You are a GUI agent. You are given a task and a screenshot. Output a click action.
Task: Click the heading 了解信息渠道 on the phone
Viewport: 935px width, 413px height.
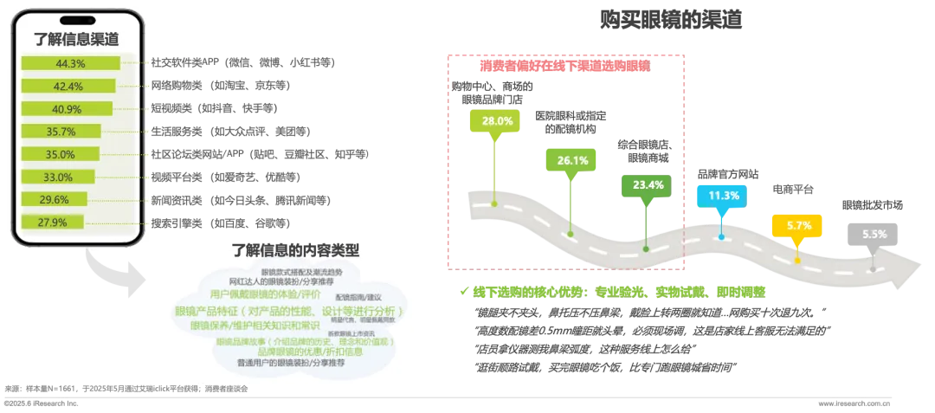(75, 38)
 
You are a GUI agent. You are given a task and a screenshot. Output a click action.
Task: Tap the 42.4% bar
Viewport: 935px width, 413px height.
(68, 86)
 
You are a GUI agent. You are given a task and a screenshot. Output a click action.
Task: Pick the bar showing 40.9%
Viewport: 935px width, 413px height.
(66, 108)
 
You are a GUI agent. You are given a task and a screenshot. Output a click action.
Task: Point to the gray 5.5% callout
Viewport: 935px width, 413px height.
(874, 234)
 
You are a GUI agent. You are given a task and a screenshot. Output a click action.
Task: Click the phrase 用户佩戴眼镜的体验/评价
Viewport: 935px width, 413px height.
(256, 294)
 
